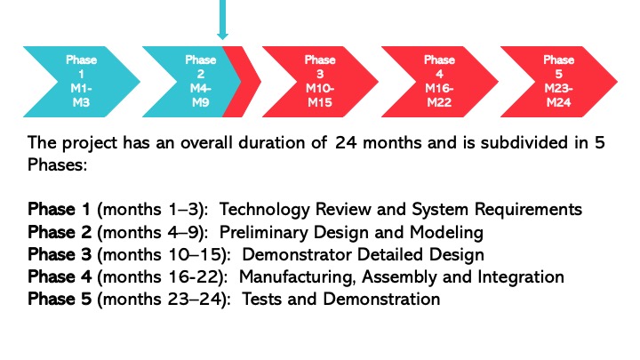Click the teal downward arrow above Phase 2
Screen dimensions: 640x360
coord(222,20)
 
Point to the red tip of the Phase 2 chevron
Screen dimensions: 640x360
coord(246,82)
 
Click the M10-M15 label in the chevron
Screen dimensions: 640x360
coord(320,95)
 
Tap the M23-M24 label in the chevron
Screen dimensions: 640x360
coord(559,95)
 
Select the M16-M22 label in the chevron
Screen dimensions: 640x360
coord(440,95)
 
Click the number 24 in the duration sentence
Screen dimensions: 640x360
coord(346,143)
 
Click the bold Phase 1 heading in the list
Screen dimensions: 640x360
coord(59,210)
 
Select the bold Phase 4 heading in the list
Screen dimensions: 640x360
coord(60,276)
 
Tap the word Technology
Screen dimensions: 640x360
coord(265,210)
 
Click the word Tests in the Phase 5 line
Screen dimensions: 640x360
coord(261,300)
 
